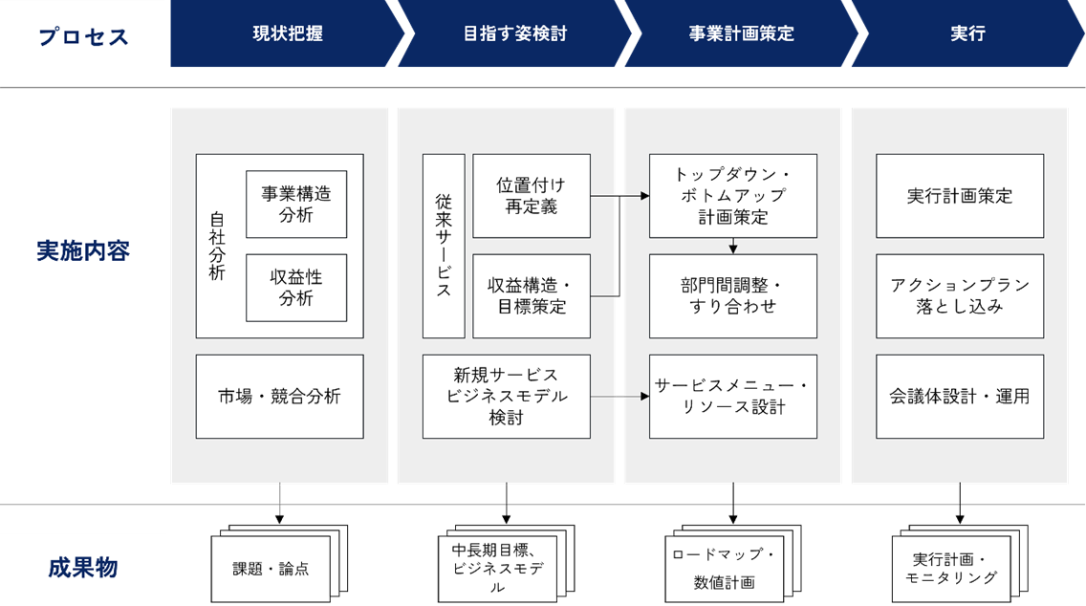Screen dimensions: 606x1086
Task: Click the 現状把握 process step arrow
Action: (287, 33)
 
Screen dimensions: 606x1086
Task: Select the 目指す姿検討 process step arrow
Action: (514, 33)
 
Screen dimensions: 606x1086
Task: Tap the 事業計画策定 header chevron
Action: (741, 33)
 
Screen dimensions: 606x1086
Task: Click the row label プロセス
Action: (83, 37)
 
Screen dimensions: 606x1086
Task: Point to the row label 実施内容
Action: (83, 251)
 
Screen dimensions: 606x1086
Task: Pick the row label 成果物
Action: (83, 568)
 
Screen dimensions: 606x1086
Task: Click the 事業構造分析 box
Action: (296, 204)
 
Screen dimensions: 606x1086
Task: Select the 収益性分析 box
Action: (296, 288)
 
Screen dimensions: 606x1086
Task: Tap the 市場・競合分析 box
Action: (279, 397)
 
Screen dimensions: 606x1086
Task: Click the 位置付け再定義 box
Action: (532, 196)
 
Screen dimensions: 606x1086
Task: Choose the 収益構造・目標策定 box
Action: (532, 296)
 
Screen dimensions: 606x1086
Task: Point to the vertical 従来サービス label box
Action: (444, 246)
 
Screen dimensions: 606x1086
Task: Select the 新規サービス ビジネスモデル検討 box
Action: (507, 397)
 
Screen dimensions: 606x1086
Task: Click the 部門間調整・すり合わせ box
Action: (733, 296)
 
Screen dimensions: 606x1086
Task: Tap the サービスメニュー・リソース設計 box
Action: (733, 397)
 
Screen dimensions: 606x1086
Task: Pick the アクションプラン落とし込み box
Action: (960, 296)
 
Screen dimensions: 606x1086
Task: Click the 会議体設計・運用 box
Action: (960, 397)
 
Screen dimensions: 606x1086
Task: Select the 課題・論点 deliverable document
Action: (271, 569)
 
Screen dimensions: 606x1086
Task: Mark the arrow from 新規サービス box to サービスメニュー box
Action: (619, 396)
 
